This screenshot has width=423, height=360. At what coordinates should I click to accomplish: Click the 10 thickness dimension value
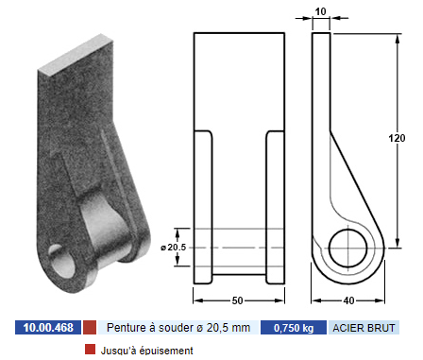click(x=320, y=11)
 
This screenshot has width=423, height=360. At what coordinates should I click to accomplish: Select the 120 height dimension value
click(x=397, y=138)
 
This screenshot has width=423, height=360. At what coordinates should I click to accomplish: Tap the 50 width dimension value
click(x=237, y=300)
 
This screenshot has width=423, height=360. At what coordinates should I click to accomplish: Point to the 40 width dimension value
click(x=348, y=300)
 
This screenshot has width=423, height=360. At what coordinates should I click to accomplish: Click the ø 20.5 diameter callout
click(x=174, y=248)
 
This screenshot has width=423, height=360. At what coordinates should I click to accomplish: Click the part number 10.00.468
click(x=48, y=328)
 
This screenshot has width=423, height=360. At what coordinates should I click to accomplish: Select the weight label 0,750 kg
click(x=294, y=328)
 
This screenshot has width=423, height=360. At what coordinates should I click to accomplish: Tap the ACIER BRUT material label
click(x=364, y=328)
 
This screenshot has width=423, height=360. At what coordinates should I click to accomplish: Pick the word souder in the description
click(x=176, y=328)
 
